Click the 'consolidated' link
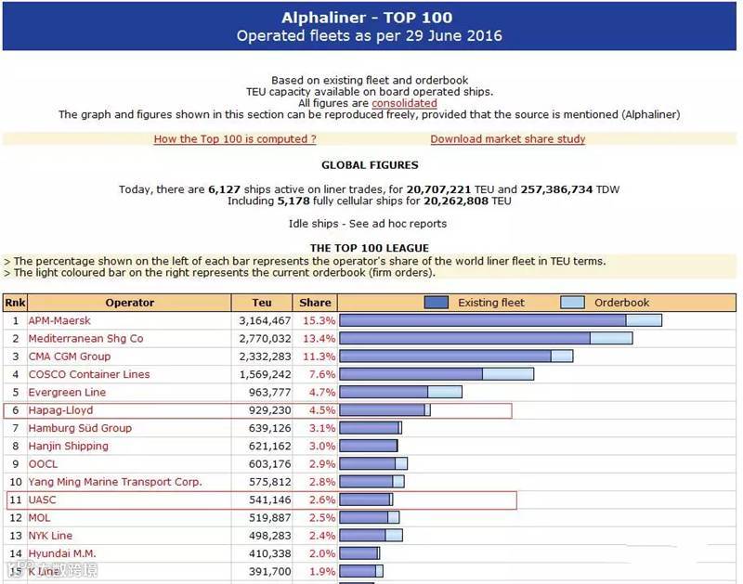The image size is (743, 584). pos(404,104)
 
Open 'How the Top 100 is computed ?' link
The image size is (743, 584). pos(235,139)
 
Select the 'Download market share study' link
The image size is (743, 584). pos(508,139)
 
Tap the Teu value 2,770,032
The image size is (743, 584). pos(265,339)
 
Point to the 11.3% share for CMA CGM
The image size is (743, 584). pos(316,357)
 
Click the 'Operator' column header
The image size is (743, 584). pos(130,303)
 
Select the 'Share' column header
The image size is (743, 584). pos(315,303)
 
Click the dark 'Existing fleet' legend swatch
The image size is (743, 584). pos(450,303)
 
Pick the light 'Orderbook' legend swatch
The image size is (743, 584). pos(573,303)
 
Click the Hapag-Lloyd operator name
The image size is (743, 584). pos(61,410)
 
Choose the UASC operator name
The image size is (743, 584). pos(43,500)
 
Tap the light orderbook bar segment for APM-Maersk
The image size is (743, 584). pos(644,321)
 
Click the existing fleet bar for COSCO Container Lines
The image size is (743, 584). pos(411,374)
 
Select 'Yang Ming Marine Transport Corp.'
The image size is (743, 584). pos(115,482)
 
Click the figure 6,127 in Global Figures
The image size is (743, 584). pos(223,189)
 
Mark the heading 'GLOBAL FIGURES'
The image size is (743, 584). pos(370,165)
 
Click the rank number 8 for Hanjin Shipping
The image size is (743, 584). pos(15,446)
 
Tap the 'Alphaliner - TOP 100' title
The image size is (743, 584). pos(369,17)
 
